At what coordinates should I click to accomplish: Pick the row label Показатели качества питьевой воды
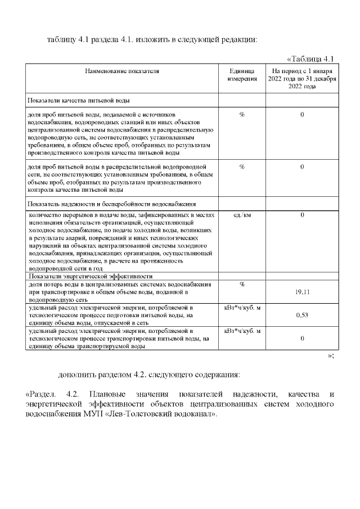click(79, 101)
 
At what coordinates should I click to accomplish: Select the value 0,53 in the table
click(302, 315)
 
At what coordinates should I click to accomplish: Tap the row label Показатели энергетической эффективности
click(90, 276)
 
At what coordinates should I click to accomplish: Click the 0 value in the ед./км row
click(302, 215)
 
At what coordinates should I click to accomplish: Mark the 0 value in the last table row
click(302, 338)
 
